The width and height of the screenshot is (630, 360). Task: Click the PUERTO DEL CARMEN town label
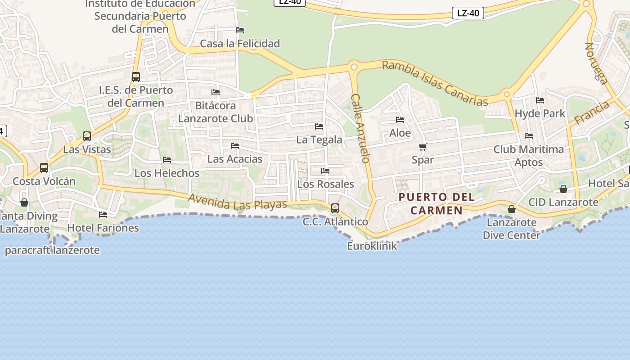coord(436,203)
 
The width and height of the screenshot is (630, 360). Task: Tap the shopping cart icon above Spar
coord(423,147)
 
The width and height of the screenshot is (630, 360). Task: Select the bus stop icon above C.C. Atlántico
coord(335,208)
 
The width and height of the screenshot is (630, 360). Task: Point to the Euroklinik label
coord(372,246)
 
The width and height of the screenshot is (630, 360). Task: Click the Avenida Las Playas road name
coord(237,202)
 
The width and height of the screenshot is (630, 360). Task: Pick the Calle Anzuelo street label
coord(360,128)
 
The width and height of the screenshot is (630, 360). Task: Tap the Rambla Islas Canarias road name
coord(435,84)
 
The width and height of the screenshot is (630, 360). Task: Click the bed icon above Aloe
coord(400,120)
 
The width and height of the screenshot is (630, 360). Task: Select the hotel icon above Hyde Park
coord(540,100)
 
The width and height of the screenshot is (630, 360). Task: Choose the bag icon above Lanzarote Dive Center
coord(512,209)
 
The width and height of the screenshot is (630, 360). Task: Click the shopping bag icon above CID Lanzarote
coord(563,189)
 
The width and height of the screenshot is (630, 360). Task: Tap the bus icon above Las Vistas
coord(87,136)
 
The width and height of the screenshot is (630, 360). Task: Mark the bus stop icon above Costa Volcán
coord(44,168)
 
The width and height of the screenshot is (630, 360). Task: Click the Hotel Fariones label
coord(103,228)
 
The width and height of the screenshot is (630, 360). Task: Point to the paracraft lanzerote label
coord(52,250)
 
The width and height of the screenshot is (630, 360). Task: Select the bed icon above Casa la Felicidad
coord(240,30)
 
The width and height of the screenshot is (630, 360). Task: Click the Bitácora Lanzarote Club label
coord(216,112)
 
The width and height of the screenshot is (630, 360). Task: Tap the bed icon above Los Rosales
coord(325,171)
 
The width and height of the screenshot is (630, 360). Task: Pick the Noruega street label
coord(597,63)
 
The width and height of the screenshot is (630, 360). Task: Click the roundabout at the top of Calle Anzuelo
coord(354,67)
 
